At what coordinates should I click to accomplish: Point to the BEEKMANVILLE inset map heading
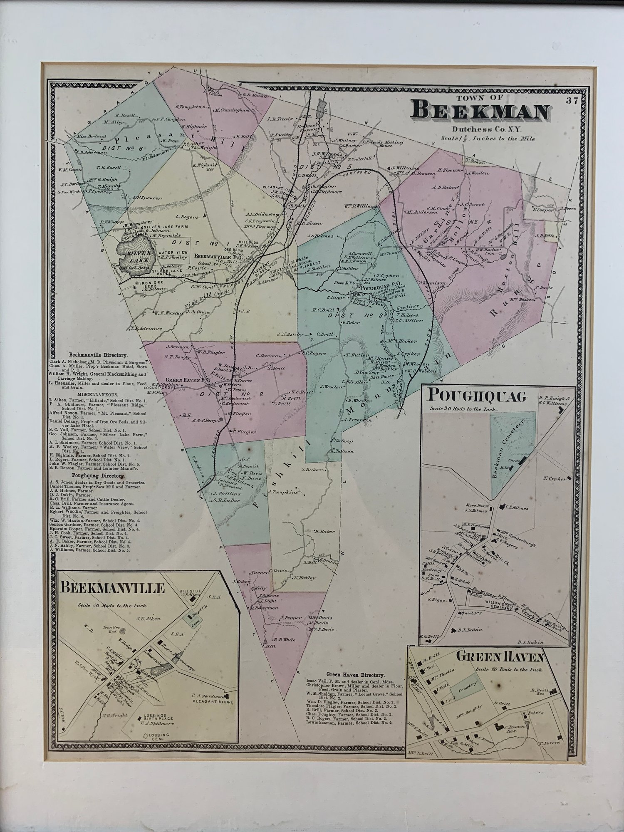pos(114,588)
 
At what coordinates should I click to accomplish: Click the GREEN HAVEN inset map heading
pos(500,657)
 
